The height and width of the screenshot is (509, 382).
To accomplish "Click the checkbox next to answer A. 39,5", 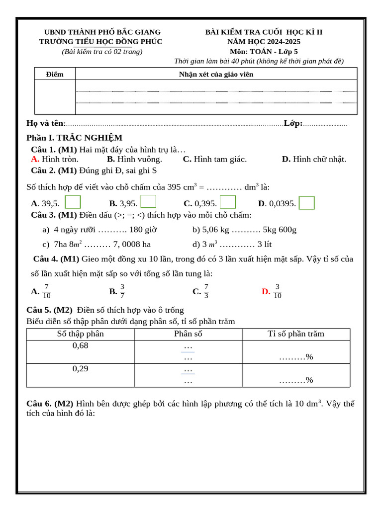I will coord(73,202).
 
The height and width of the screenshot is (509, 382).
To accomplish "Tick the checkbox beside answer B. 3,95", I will coord(148,202).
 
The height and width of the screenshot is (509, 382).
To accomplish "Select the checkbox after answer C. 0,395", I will coord(228,202).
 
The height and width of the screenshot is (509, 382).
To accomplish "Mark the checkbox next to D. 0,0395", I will coord(307,203).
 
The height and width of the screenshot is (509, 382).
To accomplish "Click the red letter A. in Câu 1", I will coord(35,159).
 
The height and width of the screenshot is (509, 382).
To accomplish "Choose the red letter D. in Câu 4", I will coord(266,292).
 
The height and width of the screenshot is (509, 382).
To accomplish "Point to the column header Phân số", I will coord(188,334).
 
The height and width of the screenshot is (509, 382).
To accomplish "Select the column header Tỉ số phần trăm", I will coord(296,334).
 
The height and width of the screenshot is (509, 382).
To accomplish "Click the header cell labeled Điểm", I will coord(55,74).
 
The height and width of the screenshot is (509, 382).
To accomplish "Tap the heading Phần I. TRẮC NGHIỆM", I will coord(75,138).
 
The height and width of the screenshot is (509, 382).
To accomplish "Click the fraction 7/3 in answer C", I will coord(206,291).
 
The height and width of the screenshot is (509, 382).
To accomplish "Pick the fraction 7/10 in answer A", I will coord(46,291).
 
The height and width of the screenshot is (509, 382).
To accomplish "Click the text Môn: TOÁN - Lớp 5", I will coord(264,51).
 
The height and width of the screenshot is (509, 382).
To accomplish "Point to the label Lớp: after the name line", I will coord(293,123).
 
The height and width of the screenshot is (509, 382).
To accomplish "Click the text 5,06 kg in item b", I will coord(215,230).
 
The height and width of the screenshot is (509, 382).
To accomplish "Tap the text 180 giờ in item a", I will coord(143,230).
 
